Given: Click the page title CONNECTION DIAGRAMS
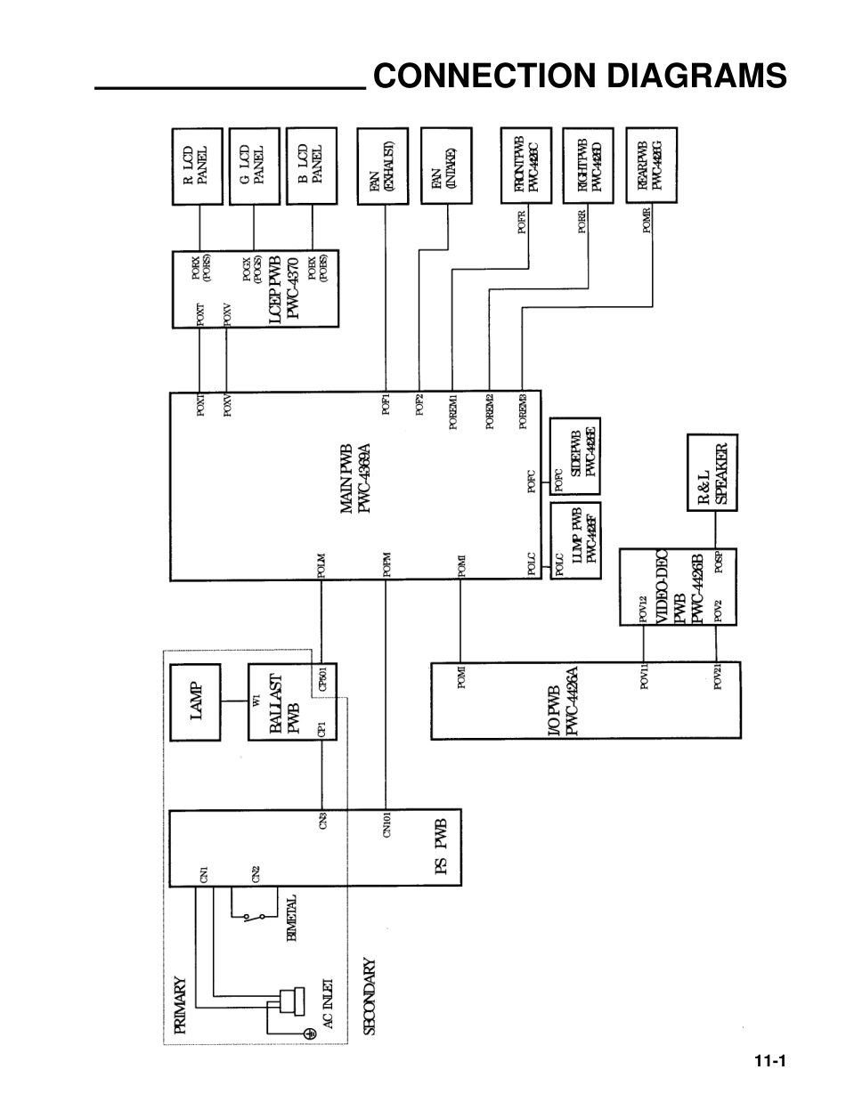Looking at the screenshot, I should (x=580, y=77).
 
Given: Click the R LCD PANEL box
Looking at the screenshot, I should (x=196, y=166).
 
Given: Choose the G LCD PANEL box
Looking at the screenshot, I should (x=254, y=166).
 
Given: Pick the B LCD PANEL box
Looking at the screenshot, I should (x=311, y=166).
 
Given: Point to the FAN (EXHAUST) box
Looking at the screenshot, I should (x=382, y=166).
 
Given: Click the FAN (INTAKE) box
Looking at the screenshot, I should (x=445, y=166).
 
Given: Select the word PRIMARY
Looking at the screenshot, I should (x=181, y=1005).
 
